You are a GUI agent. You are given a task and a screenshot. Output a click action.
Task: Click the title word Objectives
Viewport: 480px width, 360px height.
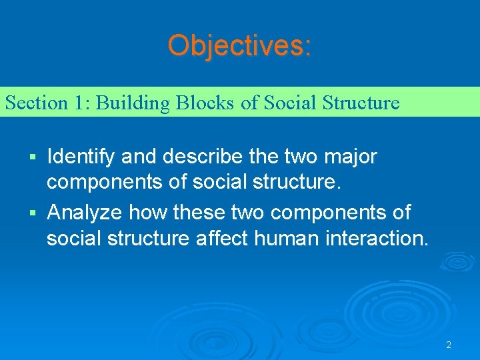pyautogui.click(x=239, y=45)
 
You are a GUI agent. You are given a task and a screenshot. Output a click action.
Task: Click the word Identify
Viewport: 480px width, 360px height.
pyautogui.click(x=80, y=157)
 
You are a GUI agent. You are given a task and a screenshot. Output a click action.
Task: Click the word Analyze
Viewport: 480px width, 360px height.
pyautogui.click(x=85, y=213)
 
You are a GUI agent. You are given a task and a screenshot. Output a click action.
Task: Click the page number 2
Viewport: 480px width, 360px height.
pyautogui.click(x=449, y=345)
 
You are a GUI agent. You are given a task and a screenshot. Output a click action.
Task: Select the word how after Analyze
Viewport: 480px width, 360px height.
pyautogui.click(x=148, y=213)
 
